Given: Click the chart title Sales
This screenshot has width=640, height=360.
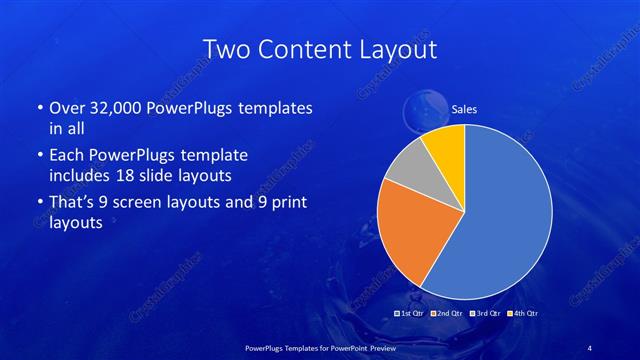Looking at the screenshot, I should [x=464, y=110].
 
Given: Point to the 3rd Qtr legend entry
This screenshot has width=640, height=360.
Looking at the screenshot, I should [x=484, y=314].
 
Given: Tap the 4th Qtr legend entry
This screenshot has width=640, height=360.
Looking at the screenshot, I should [x=525, y=314].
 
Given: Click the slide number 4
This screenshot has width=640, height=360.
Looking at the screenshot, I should [x=590, y=346].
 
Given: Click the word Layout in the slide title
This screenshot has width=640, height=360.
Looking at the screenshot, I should [x=400, y=49].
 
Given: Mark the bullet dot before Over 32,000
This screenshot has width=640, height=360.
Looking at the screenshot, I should [x=38, y=108].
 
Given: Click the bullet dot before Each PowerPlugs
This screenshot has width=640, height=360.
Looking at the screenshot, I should [x=38, y=156].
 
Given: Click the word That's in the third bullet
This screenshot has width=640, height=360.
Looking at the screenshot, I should [x=73, y=203].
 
